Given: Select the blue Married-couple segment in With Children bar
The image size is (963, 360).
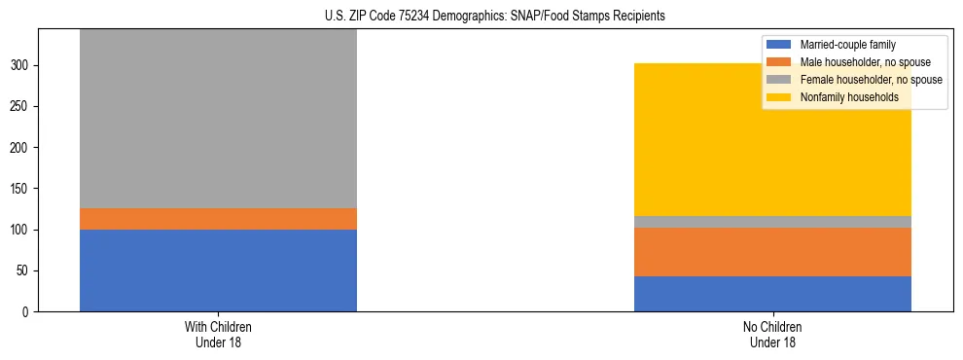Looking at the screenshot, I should tap(218, 270).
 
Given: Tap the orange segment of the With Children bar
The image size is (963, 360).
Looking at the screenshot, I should tap(218, 219).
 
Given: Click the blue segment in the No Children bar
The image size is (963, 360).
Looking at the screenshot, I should tap(772, 294).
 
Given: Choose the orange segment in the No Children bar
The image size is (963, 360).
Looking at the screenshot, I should tap(772, 252).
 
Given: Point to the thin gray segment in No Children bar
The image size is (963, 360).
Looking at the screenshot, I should tap(772, 222).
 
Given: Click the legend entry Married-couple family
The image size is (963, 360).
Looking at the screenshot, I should tap(846, 45).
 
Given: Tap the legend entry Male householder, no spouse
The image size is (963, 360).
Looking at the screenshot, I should tap(857, 62).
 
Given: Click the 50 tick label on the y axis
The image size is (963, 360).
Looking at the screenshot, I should tap(25, 271).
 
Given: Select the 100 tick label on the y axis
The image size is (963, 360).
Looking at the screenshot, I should tap(22, 231).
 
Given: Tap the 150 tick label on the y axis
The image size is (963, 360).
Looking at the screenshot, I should tap(22, 189).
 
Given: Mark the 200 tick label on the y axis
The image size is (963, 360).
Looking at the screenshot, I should tap(22, 148).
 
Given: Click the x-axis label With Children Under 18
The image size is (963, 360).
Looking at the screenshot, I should tap(218, 334).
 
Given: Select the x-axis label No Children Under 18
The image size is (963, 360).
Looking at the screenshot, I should tap(772, 334).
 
